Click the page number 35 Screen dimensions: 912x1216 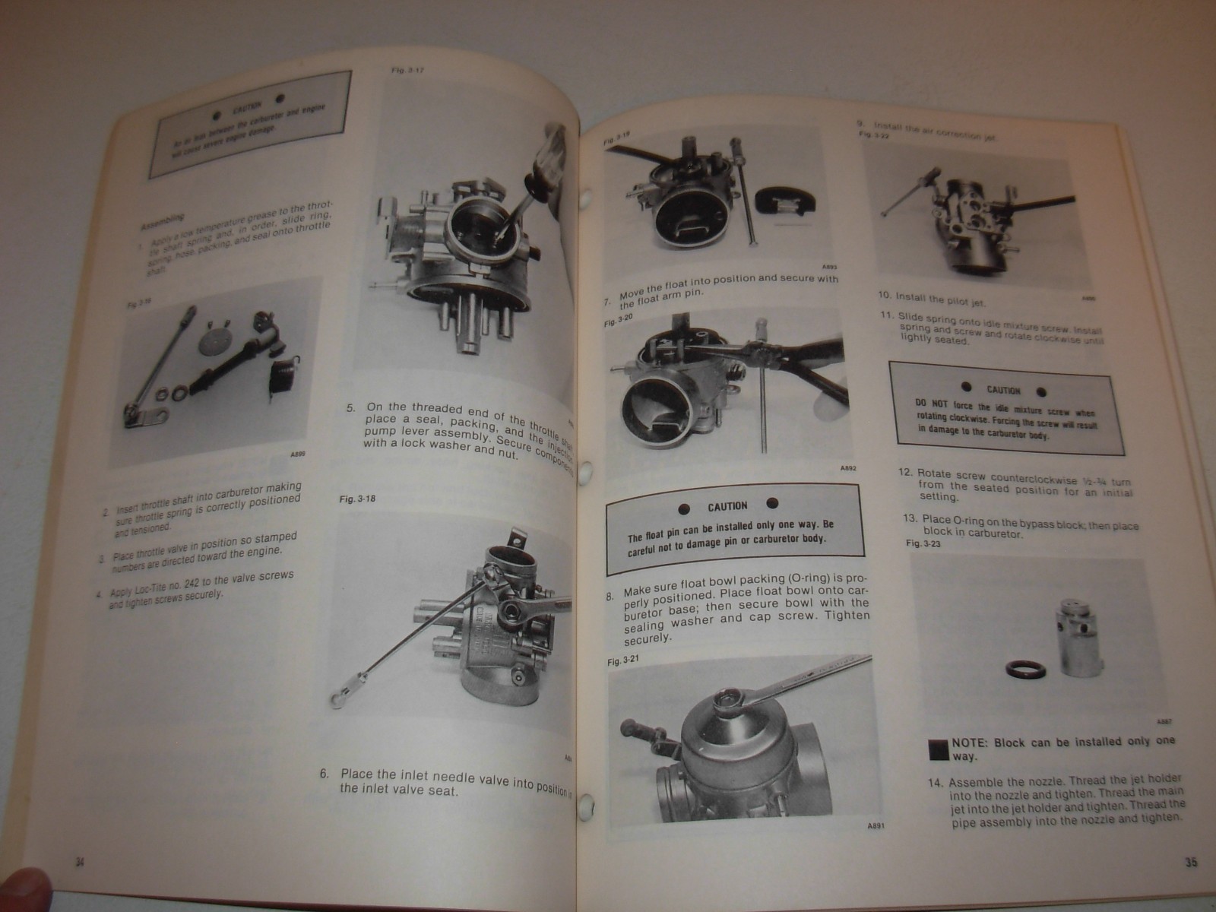[x=1190, y=863]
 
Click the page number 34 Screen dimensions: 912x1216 [x=79, y=862]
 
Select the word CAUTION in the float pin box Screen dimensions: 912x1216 [x=727, y=506]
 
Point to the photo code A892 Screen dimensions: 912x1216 [x=848, y=469]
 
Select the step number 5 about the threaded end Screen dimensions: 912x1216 [x=351, y=408]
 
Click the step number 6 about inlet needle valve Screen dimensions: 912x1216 [x=324, y=774]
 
